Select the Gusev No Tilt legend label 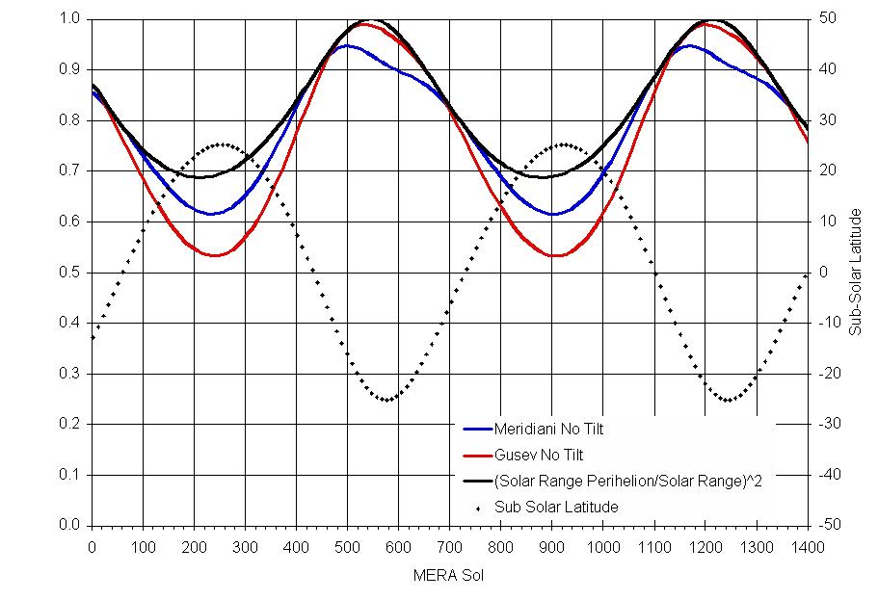539,455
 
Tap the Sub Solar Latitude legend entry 556,507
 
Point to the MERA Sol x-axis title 450,575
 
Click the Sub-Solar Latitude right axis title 855,273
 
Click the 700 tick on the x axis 450,546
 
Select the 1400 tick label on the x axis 808,546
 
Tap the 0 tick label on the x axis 92,546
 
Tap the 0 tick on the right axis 822,273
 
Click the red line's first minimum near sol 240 215,255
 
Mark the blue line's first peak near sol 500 346,45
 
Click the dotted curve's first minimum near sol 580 387,400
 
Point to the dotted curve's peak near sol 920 562,144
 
